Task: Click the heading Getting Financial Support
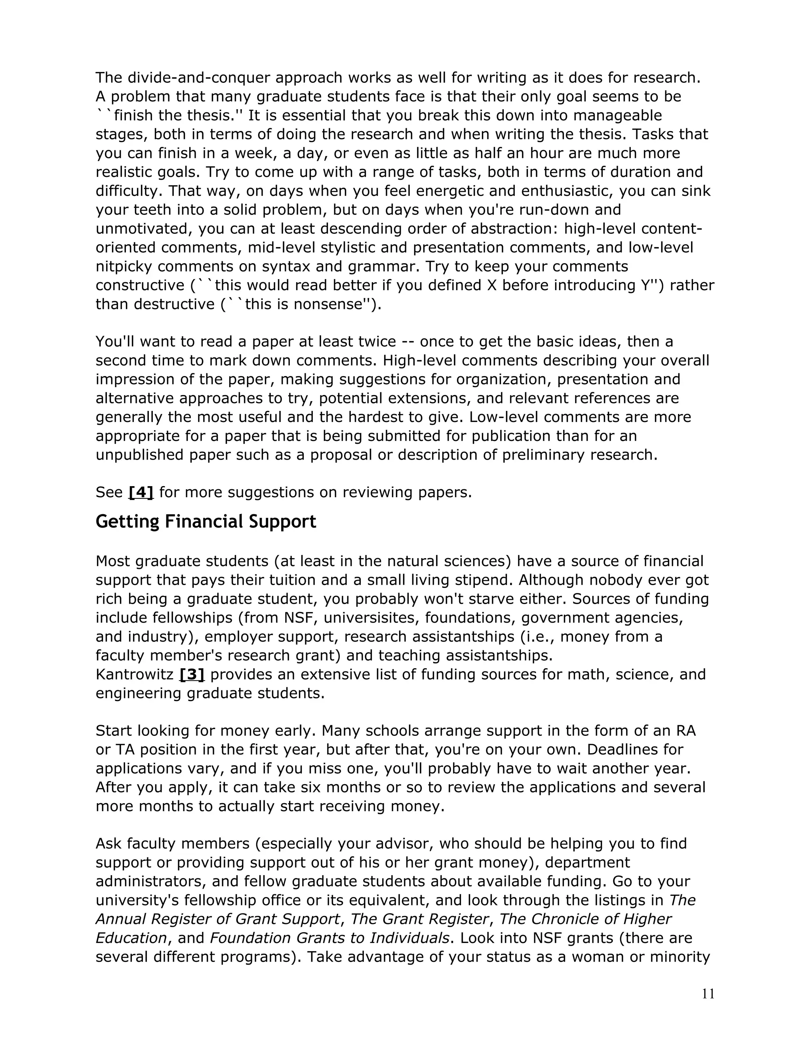206,522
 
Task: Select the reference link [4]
141,492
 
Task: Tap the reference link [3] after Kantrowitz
192,675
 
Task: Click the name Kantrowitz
134,675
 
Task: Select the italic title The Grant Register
419,919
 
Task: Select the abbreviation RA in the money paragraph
685,731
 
